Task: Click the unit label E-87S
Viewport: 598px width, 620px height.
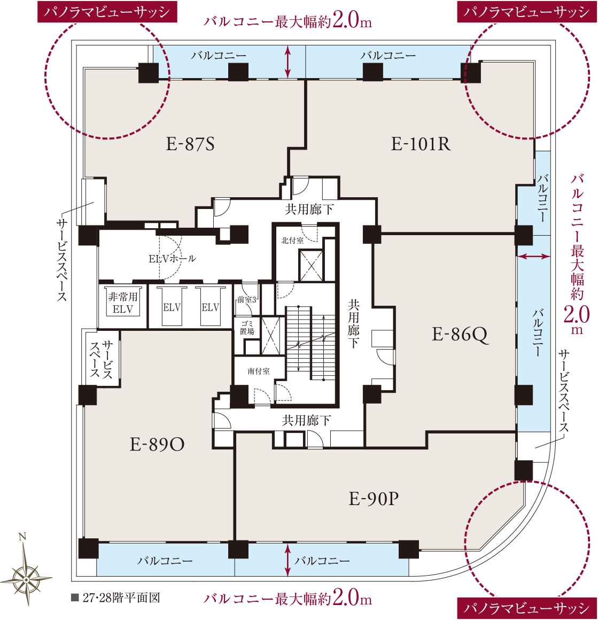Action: click(x=190, y=144)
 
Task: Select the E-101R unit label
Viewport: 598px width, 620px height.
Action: click(x=421, y=144)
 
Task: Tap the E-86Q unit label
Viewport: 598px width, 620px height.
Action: click(x=460, y=335)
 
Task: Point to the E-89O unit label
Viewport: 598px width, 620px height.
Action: click(x=157, y=445)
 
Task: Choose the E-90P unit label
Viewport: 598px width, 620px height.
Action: click(x=374, y=499)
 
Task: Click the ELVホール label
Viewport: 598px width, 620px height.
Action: click(x=172, y=259)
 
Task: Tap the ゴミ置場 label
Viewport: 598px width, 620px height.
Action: click(x=247, y=328)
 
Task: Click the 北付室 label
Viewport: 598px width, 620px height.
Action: click(x=292, y=241)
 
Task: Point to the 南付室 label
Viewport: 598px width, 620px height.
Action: click(x=259, y=371)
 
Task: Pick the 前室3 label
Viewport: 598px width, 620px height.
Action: click(x=247, y=300)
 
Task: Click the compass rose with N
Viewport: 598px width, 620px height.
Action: click(x=26, y=573)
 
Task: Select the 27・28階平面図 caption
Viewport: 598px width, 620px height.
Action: click(x=116, y=598)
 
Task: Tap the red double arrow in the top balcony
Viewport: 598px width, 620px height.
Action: click(x=288, y=61)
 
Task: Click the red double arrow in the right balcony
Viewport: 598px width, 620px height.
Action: click(x=533, y=257)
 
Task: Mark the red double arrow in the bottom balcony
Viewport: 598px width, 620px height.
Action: click(x=288, y=560)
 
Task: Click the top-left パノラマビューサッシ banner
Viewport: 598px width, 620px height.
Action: click(x=107, y=11)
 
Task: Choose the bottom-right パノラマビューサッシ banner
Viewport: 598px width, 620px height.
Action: click(x=527, y=608)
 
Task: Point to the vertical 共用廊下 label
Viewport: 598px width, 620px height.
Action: click(x=353, y=323)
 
